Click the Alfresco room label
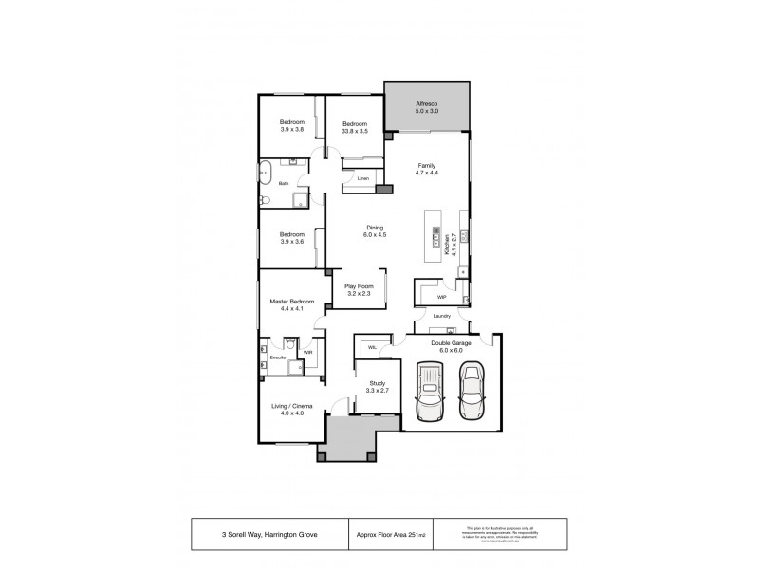click(x=426, y=107)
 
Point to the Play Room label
click(x=359, y=289)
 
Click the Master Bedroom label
click(x=291, y=304)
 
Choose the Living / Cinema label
click(x=291, y=409)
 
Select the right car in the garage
click(x=471, y=392)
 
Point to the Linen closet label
click(x=362, y=177)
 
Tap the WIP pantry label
click(x=441, y=296)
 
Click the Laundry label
click(x=441, y=316)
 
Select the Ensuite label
click(x=279, y=358)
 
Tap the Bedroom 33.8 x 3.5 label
click(x=355, y=128)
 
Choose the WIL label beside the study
click(x=374, y=347)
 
